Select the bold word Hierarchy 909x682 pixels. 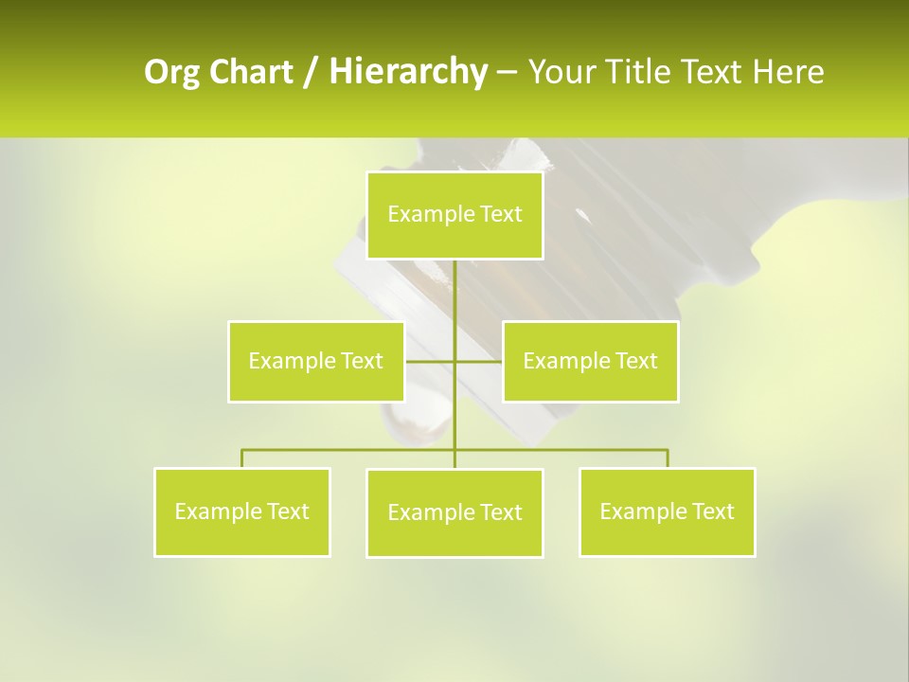[408, 72]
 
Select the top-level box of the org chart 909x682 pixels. [454, 215]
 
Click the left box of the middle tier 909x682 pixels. [315, 361]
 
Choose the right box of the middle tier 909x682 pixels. [590, 361]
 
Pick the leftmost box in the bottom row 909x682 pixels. [241, 511]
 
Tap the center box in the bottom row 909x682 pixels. [454, 512]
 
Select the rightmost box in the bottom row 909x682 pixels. [667, 511]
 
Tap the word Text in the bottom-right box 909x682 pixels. [713, 511]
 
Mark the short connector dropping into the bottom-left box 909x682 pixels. [241, 459]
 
